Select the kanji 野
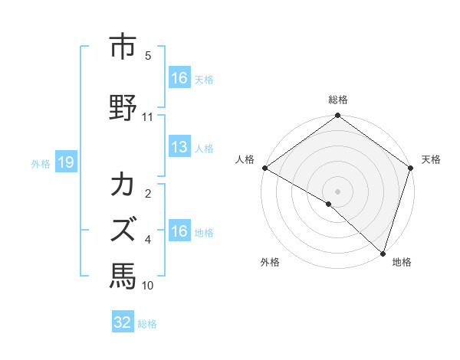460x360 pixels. click(x=123, y=106)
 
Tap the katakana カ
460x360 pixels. click(x=123, y=186)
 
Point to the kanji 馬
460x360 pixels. click(x=123, y=273)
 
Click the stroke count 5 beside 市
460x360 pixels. click(x=148, y=56)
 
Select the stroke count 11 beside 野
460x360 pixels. click(x=148, y=117)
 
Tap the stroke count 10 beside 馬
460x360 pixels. click(x=148, y=286)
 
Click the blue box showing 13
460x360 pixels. click(x=179, y=147)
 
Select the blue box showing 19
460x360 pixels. click(x=65, y=162)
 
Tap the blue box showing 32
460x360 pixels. click(x=123, y=322)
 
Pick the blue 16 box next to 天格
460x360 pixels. click(x=179, y=78)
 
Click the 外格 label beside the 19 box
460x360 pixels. click(x=41, y=163)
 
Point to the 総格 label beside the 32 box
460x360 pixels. click(x=147, y=324)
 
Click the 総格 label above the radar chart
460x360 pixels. click(x=337, y=100)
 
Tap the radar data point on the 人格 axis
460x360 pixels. click(x=264, y=168)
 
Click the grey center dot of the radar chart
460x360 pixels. click(x=337, y=191)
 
